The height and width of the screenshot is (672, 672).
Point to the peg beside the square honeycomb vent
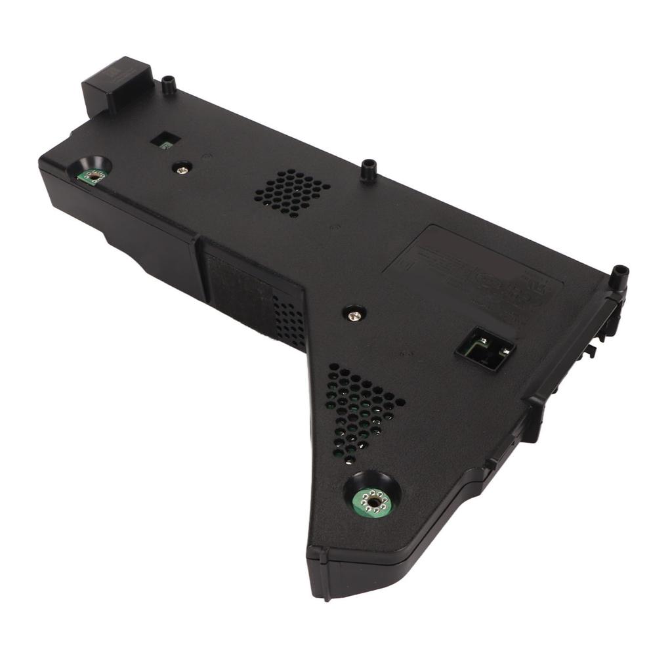(x=369, y=169)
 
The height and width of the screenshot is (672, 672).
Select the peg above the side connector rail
(x=618, y=276)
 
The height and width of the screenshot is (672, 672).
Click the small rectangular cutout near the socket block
(x=165, y=140)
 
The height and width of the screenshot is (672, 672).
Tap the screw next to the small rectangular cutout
(x=182, y=168)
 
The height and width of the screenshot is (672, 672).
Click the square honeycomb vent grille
(x=292, y=192)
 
